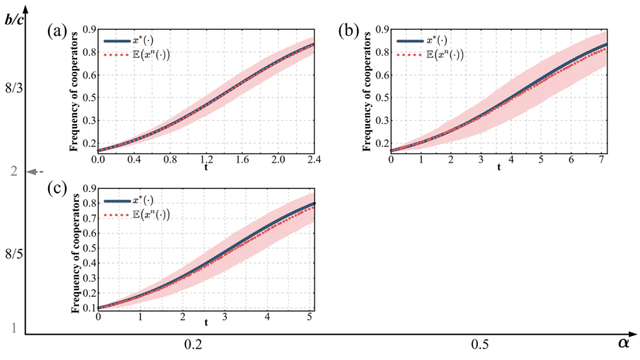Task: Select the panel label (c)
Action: click(x=58, y=189)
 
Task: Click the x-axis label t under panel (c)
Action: click(x=206, y=323)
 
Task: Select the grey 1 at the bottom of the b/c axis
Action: click(x=12, y=328)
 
